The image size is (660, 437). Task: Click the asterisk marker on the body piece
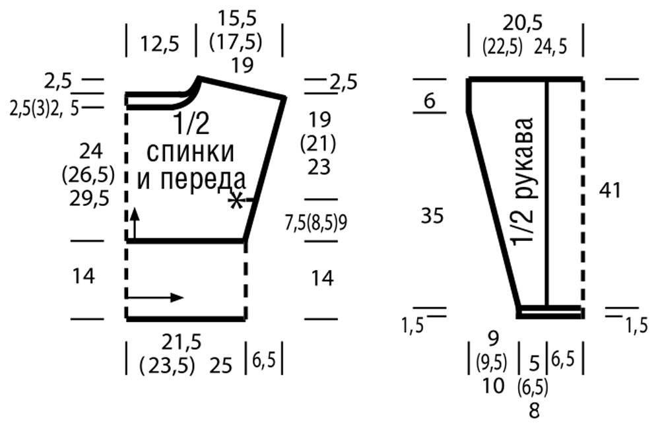236,201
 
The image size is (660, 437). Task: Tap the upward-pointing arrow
135,223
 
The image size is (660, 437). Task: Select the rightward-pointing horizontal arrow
155,297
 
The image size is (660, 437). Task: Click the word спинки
190,152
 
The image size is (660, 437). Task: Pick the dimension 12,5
160,44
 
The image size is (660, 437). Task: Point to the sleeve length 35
432,216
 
